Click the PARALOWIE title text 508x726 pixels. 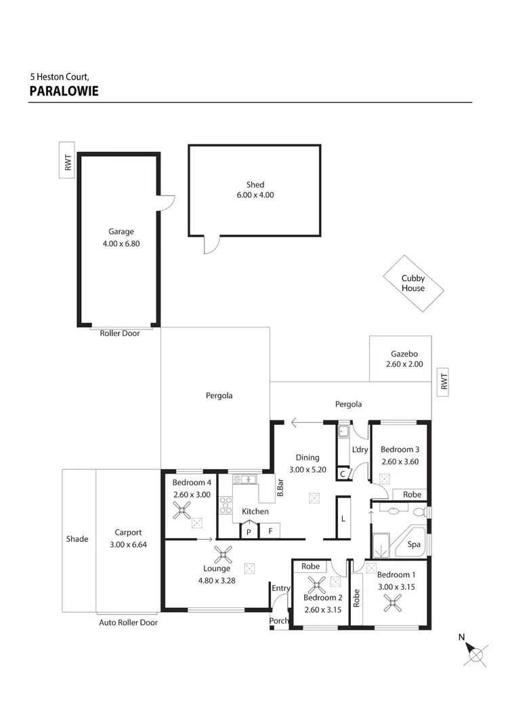tap(64, 91)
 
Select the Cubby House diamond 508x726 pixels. tap(413, 283)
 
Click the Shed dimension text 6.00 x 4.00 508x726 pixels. tap(255, 195)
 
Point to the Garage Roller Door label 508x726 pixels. tap(119, 334)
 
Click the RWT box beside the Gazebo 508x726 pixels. tap(444, 382)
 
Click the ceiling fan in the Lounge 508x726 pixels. tap(223, 555)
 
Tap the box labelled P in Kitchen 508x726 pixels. tap(249, 531)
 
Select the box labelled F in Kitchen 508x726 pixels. tap(270, 531)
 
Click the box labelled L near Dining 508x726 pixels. tap(343, 519)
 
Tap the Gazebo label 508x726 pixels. tap(404, 354)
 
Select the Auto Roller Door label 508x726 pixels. tap(128, 622)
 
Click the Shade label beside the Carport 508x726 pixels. tap(77, 539)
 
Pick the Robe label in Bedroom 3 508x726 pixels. tap(412, 495)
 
